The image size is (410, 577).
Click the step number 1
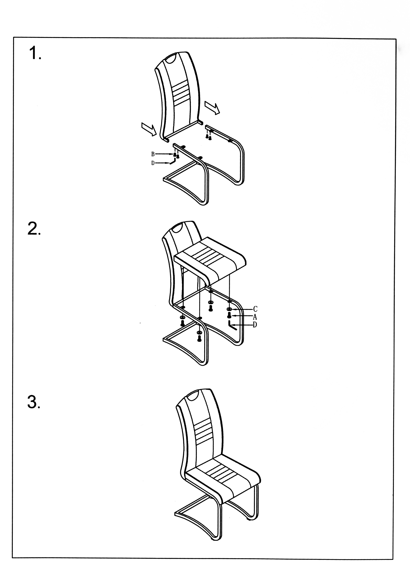[x=35, y=53]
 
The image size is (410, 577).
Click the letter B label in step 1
[x=153, y=154]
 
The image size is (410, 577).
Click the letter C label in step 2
[x=255, y=309]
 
